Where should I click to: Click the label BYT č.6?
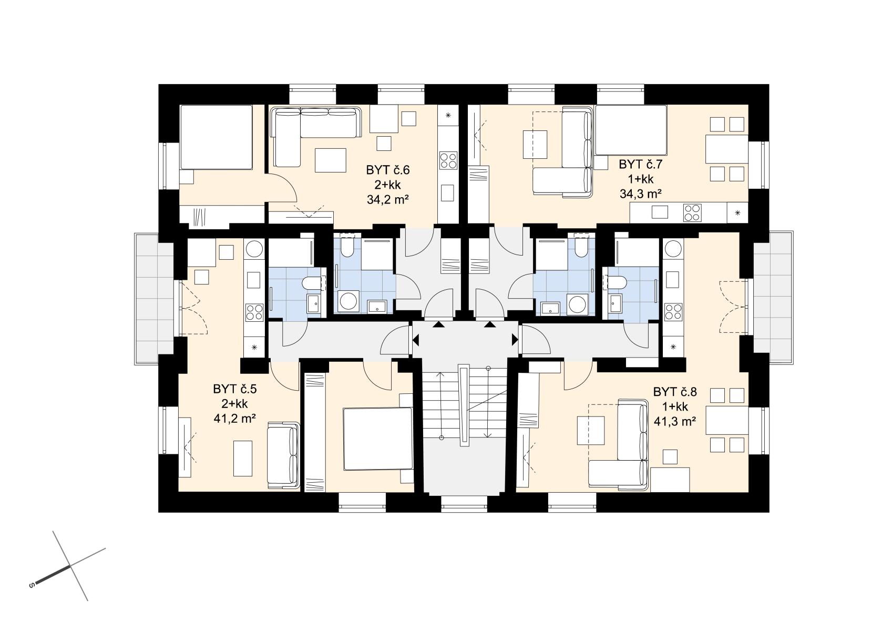click(387, 170)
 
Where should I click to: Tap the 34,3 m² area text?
click(641, 194)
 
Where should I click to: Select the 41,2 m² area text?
click(234, 419)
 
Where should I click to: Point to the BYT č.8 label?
click(675, 392)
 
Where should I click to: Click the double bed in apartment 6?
click(216, 137)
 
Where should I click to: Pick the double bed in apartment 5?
click(377, 439)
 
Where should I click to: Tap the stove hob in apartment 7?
click(692, 213)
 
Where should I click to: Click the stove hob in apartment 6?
click(448, 160)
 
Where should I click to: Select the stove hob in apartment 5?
click(254, 312)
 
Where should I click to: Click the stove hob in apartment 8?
click(673, 312)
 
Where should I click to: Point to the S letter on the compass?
click(32, 585)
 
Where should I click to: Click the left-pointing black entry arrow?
click(416, 341)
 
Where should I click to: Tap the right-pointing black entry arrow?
click(515, 340)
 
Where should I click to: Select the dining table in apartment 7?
click(727, 149)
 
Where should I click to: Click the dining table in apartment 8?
click(727, 420)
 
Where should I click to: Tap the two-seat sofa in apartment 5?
click(283, 455)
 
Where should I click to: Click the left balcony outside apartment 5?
click(154, 298)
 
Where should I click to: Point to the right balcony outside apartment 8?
click(773, 297)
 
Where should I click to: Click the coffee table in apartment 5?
click(242, 458)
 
